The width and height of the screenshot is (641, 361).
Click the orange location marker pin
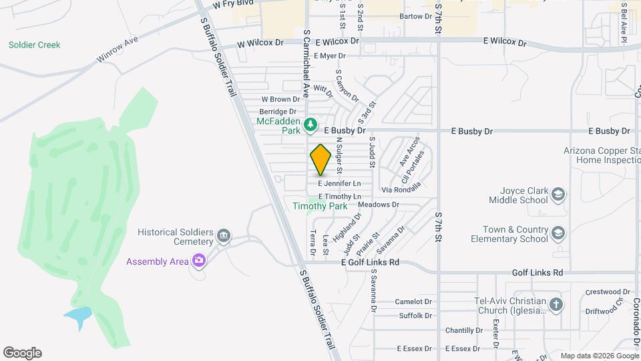[x=320, y=159]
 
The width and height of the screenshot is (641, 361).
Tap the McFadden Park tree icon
[x=310, y=124]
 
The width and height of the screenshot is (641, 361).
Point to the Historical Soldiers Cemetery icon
[x=224, y=237]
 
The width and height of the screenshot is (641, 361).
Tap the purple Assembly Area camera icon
[x=198, y=261]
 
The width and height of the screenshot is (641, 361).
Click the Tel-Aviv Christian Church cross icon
[x=556, y=306]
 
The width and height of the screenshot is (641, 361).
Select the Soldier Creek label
[x=34, y=45]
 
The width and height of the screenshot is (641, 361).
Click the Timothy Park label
[x=320, y=207]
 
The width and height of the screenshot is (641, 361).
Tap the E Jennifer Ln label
[x=339, y=183]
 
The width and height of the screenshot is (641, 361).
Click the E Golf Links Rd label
[x=370, y=263]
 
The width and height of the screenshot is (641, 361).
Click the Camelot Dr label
[x=414, y=302]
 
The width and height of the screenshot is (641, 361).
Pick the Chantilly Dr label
[x=463, y=330]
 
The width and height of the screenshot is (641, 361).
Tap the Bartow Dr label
[x=415, y=16]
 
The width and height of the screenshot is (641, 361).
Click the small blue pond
[x=78, y=316]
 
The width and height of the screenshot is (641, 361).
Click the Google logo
[x=22, y=353]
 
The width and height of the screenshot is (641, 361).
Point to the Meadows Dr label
[x=378, y=205]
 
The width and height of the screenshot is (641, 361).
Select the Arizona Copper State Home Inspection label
[x=600, y=155]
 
